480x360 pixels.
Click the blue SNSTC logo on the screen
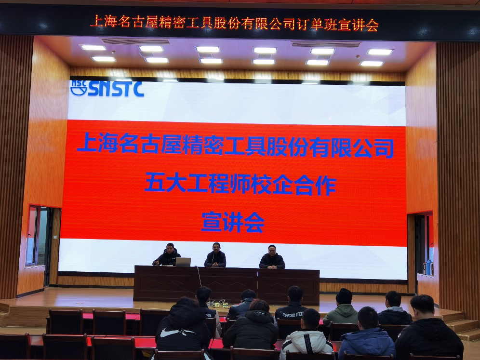click(x=107, y=89)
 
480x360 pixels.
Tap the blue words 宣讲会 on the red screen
click(x=233, y=222)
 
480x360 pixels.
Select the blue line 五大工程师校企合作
click(x=240, y=185)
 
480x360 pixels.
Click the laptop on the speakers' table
click(x=183, y=262)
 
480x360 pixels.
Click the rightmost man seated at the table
click(x=272, y=257)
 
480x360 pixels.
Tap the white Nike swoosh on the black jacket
click(x=173, y=333)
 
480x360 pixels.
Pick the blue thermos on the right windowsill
click(x=429, y=267)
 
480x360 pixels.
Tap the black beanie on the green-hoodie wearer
click(x=344, y=296)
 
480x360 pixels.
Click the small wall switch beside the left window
click(x=55, y=237)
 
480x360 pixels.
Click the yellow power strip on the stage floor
click(x=220, y=305)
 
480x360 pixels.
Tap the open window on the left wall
click(x=37, y=235)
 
